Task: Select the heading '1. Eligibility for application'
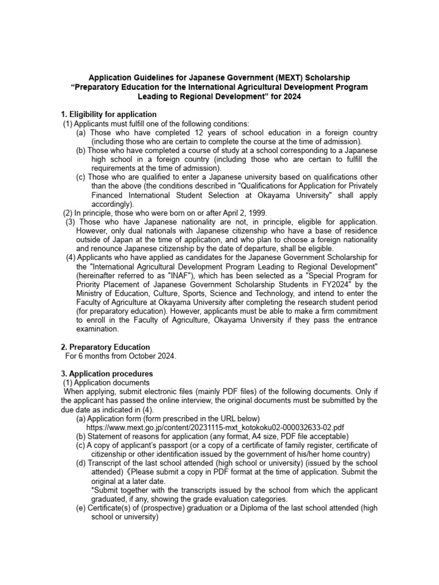tap(109, 114)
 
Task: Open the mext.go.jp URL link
tap(215, 427)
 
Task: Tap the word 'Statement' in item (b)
tap(106, 436)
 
